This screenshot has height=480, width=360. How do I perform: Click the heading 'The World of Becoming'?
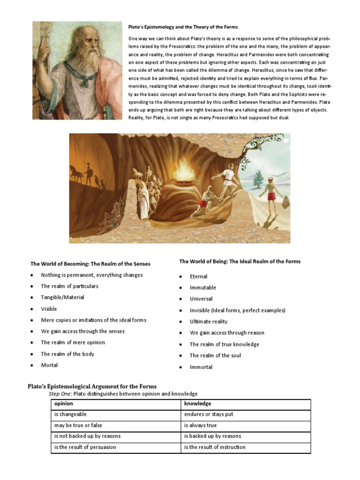pos(90,264)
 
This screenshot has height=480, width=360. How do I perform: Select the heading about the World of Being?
pos(240,261)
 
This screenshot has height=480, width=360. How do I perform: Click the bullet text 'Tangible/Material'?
pos(62,297)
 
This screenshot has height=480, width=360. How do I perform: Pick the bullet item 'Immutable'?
pos(203,287)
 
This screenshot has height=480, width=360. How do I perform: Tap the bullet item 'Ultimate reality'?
pos(209,322)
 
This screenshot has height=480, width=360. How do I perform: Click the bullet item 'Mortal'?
pos(49,365)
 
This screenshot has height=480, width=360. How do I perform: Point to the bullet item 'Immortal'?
pos(201,367)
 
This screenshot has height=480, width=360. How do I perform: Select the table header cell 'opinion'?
pos(64,404)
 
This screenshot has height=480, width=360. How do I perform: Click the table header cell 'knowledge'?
pos(197,404)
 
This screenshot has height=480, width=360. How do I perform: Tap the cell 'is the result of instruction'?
pos(215,447)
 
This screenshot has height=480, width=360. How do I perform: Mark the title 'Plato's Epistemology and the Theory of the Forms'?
pos(183,27)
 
